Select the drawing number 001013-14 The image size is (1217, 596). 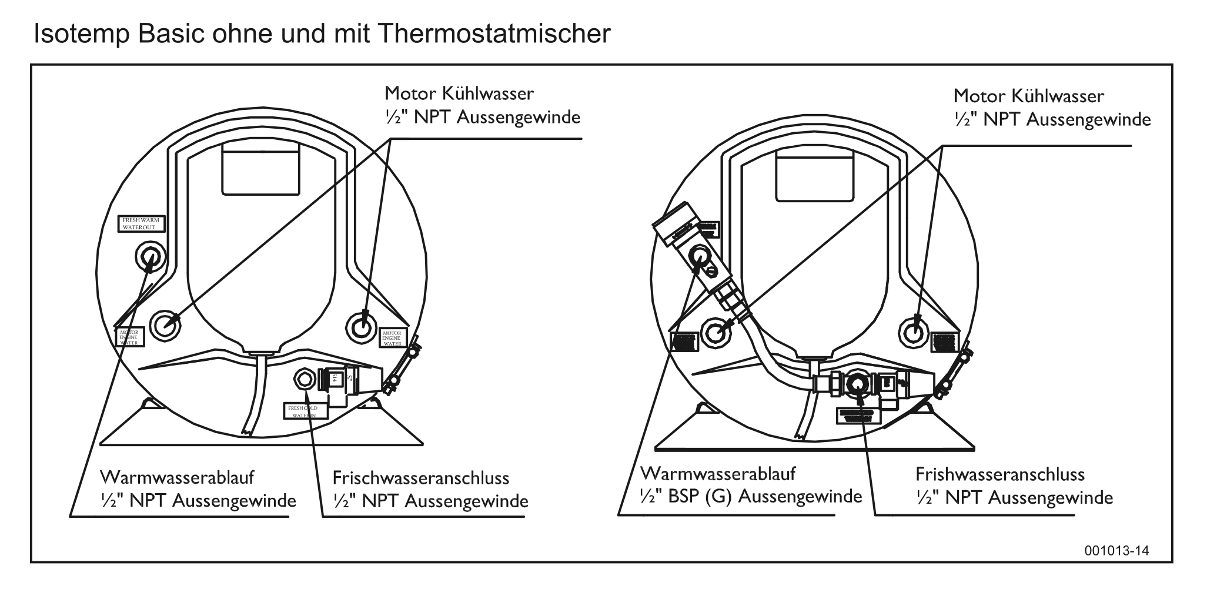(x=1116, y=551)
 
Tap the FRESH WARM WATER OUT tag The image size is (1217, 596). (x=142, y=224)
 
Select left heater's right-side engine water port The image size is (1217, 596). (x=362, y=325)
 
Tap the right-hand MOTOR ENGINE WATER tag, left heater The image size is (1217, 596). (x=392, y=337)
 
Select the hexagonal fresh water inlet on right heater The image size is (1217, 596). (x=858, y=386)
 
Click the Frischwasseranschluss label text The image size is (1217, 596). (x=421, y=478)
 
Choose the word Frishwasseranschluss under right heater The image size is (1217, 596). (x=1000, y=474)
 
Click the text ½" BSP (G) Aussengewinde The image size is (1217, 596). (x=751, y=497)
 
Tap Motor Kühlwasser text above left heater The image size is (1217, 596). (x=459, y=93)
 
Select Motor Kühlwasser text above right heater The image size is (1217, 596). (x=1028, y=96)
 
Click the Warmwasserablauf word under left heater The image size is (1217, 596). (x=177, y=476)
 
